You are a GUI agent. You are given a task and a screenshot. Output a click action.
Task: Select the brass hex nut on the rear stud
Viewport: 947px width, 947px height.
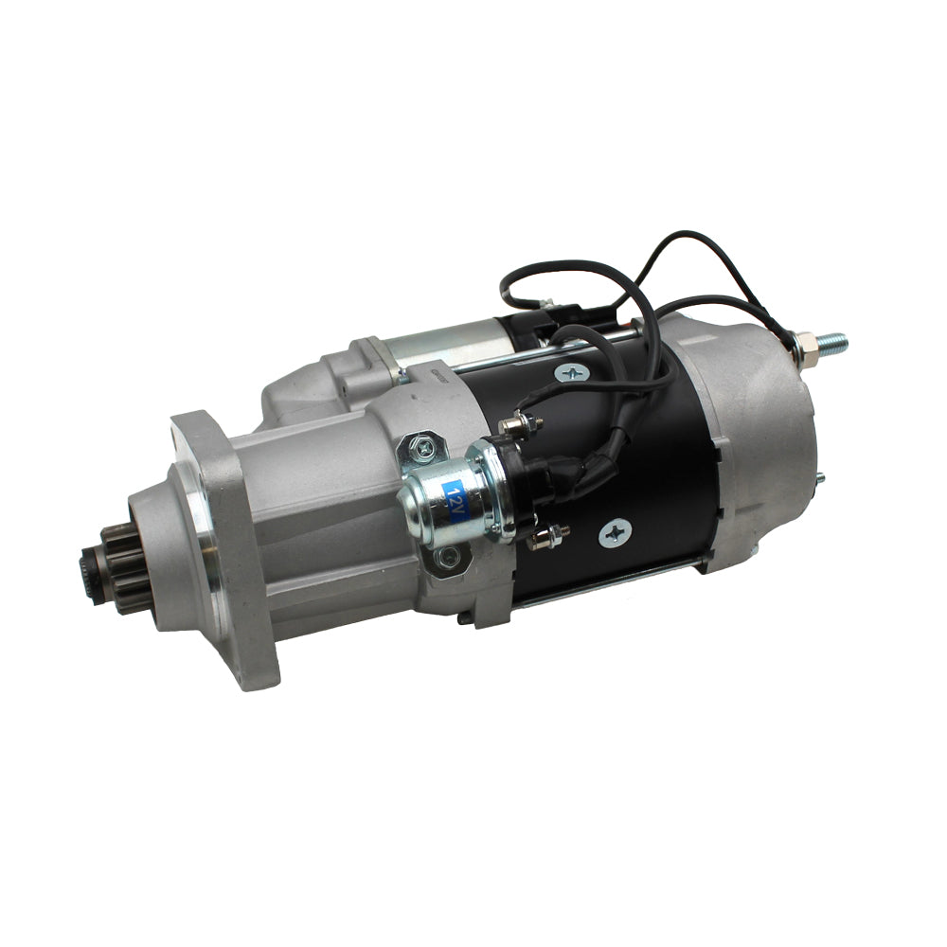tap(804, 348)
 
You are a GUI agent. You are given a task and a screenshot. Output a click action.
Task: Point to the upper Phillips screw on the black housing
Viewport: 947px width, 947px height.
tap(571, 372)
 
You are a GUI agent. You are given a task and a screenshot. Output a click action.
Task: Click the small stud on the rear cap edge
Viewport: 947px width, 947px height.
tap(818, 478)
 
